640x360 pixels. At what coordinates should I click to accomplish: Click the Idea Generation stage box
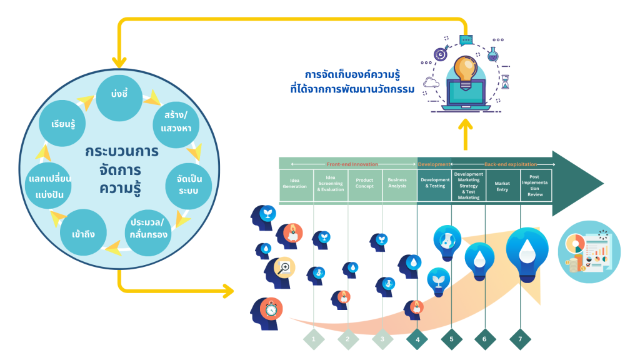pyautogui.click(x=296, y=186)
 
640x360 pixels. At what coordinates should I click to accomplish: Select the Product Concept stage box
pyautogui.click(x=365, y=186)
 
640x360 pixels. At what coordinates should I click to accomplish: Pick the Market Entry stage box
pyautogui.click(x=502, y=186)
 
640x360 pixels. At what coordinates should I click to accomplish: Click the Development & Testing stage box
pyautogui.click(x=434, y=186)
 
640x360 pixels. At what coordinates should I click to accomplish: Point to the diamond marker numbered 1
pyautogui.click(x=313, y=339)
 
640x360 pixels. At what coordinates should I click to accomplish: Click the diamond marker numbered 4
pyautogui.click(x=417, y=339)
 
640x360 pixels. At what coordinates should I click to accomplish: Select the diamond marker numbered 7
pyautogui.click(x=520, y=339)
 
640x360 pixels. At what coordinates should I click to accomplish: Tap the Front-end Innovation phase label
pyautogui.click(x=352, y=164)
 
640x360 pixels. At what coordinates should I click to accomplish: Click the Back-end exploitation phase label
pyautogui.click(x=511, y=164)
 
